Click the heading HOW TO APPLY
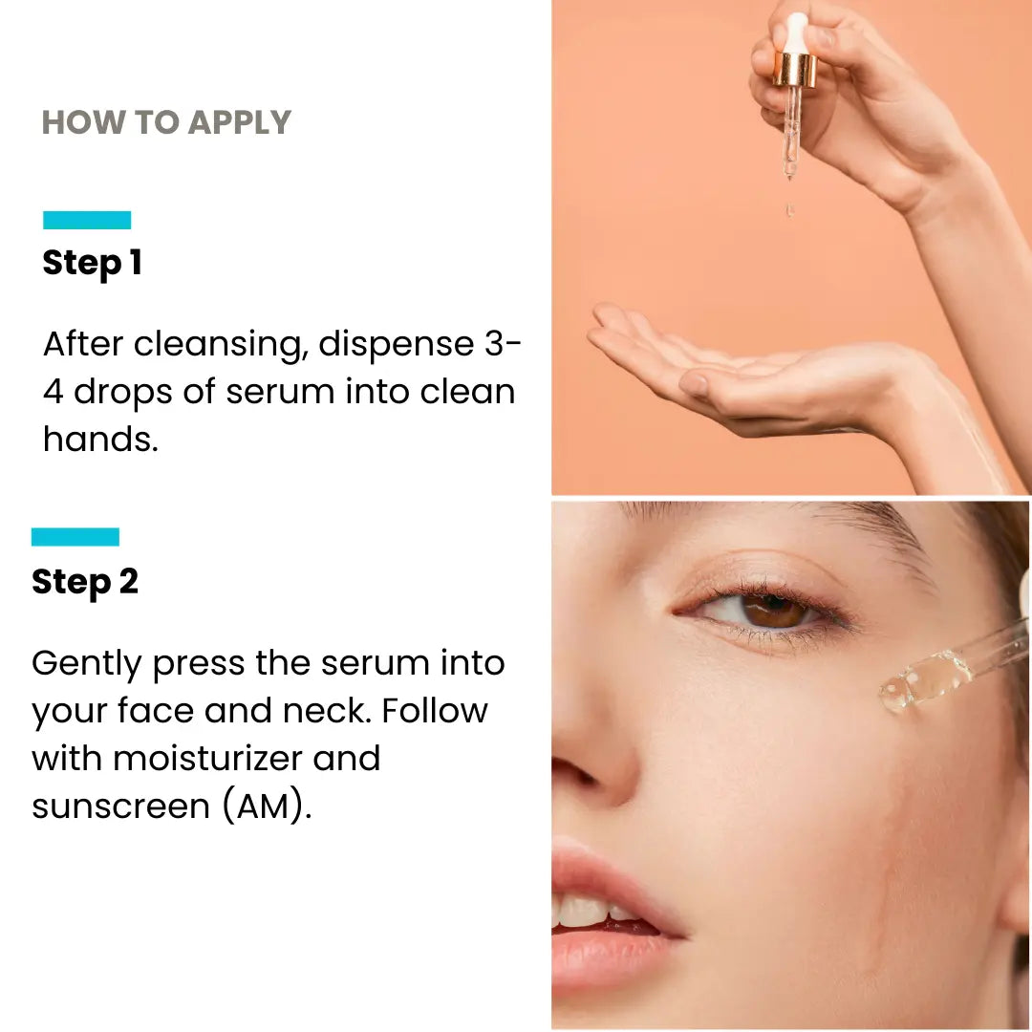[x=166, y=122]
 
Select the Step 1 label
[x=92, y=264]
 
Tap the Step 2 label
[x=85, y=583]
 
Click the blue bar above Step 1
[x=87, y=220]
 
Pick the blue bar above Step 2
[x=75, y=536]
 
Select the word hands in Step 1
[x=100, y=439]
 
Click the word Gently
[x=86, y=664]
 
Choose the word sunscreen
[x=120, y=806]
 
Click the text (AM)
[x=267, y=806]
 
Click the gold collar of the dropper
[x=794, y=71]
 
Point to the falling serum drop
[x=790, y=210]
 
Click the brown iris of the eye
[x=775, y=610]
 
